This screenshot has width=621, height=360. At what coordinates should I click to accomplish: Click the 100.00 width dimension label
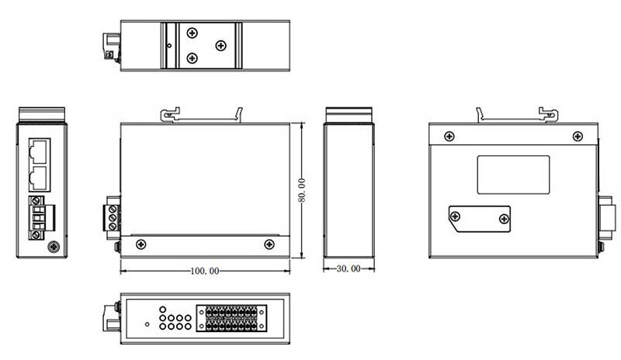click(x=205, y=272)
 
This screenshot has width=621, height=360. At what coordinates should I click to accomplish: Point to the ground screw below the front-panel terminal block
click(x=53, y=247)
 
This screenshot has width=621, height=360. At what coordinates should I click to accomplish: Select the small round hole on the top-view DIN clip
click(x=170, y=45)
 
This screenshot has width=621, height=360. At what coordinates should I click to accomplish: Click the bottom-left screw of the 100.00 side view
click(x=141, y=244)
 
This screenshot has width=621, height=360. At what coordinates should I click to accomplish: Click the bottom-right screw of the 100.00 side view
click(x=269, y=244)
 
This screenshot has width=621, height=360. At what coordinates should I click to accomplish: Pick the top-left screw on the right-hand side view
click(x=449, y=137)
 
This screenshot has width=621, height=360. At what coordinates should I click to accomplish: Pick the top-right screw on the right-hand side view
click(x=576, y=137)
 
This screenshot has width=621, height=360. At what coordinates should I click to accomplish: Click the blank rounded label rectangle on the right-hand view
click(x=512, y=175)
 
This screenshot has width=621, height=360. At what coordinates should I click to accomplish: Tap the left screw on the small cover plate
click(x=456, y=218)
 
